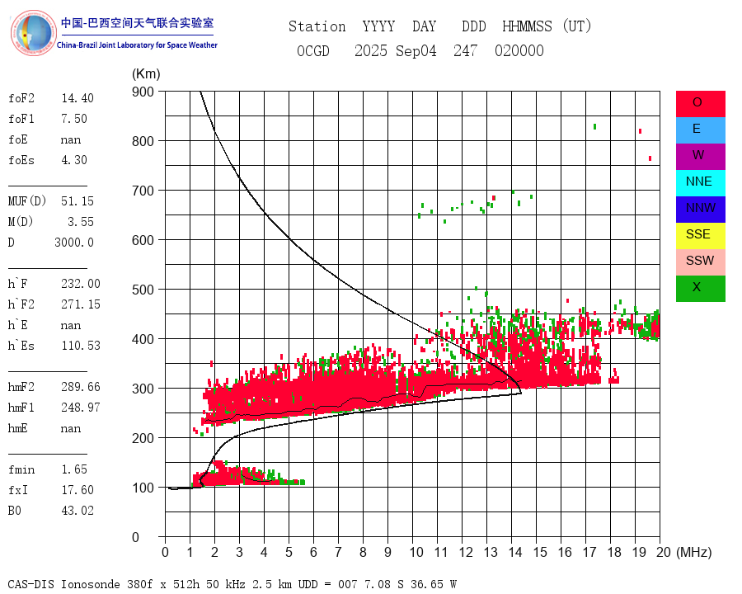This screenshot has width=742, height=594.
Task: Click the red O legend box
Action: click(x=700, y=103)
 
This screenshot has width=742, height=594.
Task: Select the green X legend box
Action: click(x=700, y=288)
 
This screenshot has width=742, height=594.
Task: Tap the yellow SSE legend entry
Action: click(x=700, y=235)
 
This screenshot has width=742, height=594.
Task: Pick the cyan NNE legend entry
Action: click(x=700, y=182)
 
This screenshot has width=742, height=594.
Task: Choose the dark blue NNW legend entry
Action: click(x=700, y=209)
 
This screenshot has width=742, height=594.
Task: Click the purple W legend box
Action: click(x=700, y=156)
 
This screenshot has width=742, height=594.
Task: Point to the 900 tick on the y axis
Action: click(x=144, y=92)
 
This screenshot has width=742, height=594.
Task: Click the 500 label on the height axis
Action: click(x=144, y=290)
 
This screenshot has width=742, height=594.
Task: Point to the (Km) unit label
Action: click(x=146, y=74)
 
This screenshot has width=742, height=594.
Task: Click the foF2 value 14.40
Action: click(x=77, y=98)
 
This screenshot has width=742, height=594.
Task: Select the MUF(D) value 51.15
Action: click(x=77, y=200)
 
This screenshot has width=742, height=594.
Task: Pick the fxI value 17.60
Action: click(x=77, y=490)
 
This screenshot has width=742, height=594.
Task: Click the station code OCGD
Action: click(x=313, y=51)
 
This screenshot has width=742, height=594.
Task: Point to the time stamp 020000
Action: click(x=519, y=51)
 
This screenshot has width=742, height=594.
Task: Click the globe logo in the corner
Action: click(x=32, y=33)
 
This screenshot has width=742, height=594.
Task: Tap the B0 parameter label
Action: click(x=16, y=511)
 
